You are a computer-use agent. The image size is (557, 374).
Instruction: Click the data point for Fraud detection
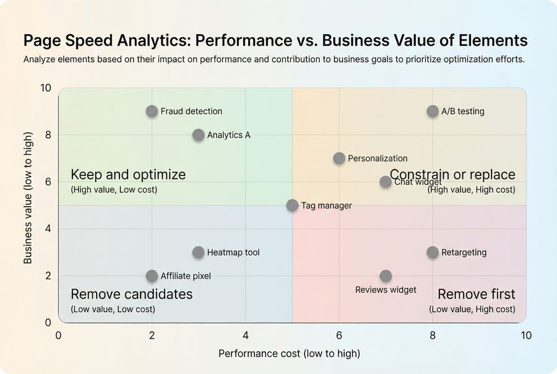[x=152, y=111]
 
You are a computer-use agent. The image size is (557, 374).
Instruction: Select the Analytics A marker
[x=198, y=135]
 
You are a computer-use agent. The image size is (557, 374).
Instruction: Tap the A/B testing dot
[x=433, y=111]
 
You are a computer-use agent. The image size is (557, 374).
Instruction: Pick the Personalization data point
[x=339, y=159]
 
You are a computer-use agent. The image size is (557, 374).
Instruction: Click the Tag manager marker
[x=292, y=206]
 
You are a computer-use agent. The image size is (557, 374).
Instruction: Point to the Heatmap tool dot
[x=198, y=253]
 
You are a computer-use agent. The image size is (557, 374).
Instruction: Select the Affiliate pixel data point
[x=152, y=276]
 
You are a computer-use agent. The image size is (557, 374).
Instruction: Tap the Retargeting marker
[x=433, y=253]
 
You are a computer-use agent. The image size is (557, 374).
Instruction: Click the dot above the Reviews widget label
[x=386, y=276]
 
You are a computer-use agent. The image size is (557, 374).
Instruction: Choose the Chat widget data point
[x=386, y=182]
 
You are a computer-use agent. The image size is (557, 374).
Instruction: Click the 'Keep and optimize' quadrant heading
[x=128, y=175]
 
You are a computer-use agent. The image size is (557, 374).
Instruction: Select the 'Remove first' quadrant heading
[x=476, y=294]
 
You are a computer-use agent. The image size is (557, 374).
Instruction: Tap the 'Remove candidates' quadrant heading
[x=131, y=294]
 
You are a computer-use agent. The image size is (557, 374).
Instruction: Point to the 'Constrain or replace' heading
[x=452, y=175]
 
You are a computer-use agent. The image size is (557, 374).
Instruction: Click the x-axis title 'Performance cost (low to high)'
[x=289, y=354]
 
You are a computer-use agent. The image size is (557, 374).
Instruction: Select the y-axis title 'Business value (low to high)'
[x=28, y=206]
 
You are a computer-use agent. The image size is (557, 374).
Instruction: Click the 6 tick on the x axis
[x=339, y=336]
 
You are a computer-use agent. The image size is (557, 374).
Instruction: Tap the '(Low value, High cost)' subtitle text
[x=472, y=309]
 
